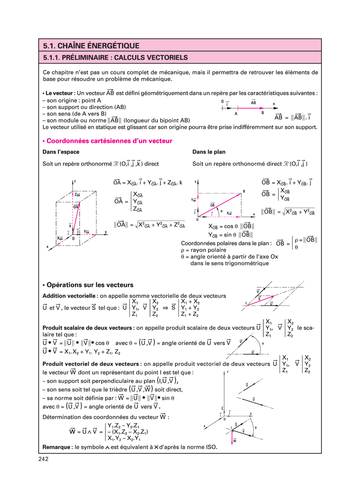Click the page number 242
pos(44,459)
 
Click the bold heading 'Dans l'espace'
pos(61,152)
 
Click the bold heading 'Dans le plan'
pos(209,152)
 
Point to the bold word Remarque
pos(56,447)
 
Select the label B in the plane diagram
pos(244,191)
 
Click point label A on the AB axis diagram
pos(236,114)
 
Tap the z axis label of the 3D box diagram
pos(75,181)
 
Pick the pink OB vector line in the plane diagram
pos(220,205)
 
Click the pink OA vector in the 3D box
pos(76,217)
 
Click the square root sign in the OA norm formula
pos(137,225)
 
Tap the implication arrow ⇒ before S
pos(165,308)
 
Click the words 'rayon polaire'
pos(208,250)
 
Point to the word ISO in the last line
pos(211,447)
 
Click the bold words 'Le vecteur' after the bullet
pos(59,93)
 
